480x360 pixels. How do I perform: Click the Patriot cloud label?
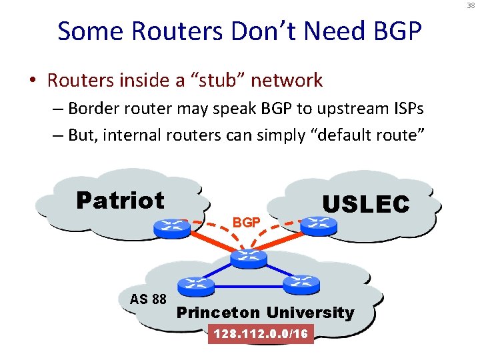click(120, 199)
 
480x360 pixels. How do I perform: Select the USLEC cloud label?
click(365, 204)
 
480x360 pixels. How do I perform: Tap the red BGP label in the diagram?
click(246, 222)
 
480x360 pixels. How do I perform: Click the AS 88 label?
click(148, 299)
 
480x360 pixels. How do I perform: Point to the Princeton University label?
click(265, 312)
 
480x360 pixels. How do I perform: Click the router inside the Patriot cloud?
click(171, 227)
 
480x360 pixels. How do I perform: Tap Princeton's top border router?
click(248, 258)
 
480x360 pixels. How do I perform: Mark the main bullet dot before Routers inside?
click(32, 81)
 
